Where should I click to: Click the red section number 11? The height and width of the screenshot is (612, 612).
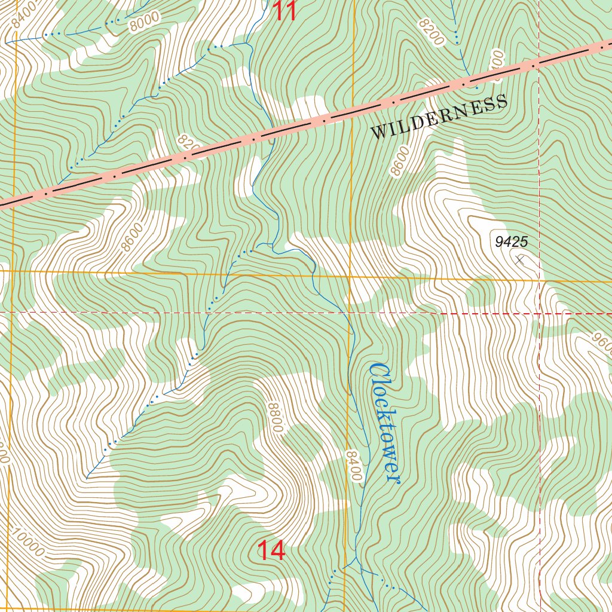tap(285, 11)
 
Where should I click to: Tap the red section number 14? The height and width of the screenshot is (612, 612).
tap(271, 551)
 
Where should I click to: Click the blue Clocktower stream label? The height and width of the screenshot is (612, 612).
tap(384, 423)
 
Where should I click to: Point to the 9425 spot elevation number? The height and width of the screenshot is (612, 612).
tap(511, 242)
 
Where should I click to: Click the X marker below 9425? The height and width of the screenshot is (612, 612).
tap(519, 260)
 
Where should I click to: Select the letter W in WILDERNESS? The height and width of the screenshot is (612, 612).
tap(378, 133)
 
